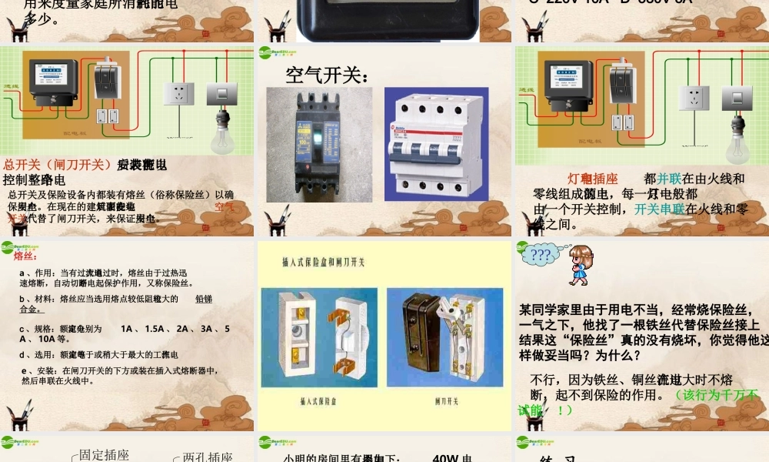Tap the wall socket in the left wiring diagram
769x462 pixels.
point(179,93)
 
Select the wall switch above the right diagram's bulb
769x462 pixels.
point(737,98)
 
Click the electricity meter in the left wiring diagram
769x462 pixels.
point(52,78)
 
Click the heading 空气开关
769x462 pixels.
point(327,75)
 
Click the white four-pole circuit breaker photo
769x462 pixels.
point(436,144)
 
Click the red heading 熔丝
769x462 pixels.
point(25,256)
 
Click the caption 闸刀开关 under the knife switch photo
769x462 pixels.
point(446,402)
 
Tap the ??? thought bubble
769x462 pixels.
point(541,255)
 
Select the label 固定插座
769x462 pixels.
point(105,455)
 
